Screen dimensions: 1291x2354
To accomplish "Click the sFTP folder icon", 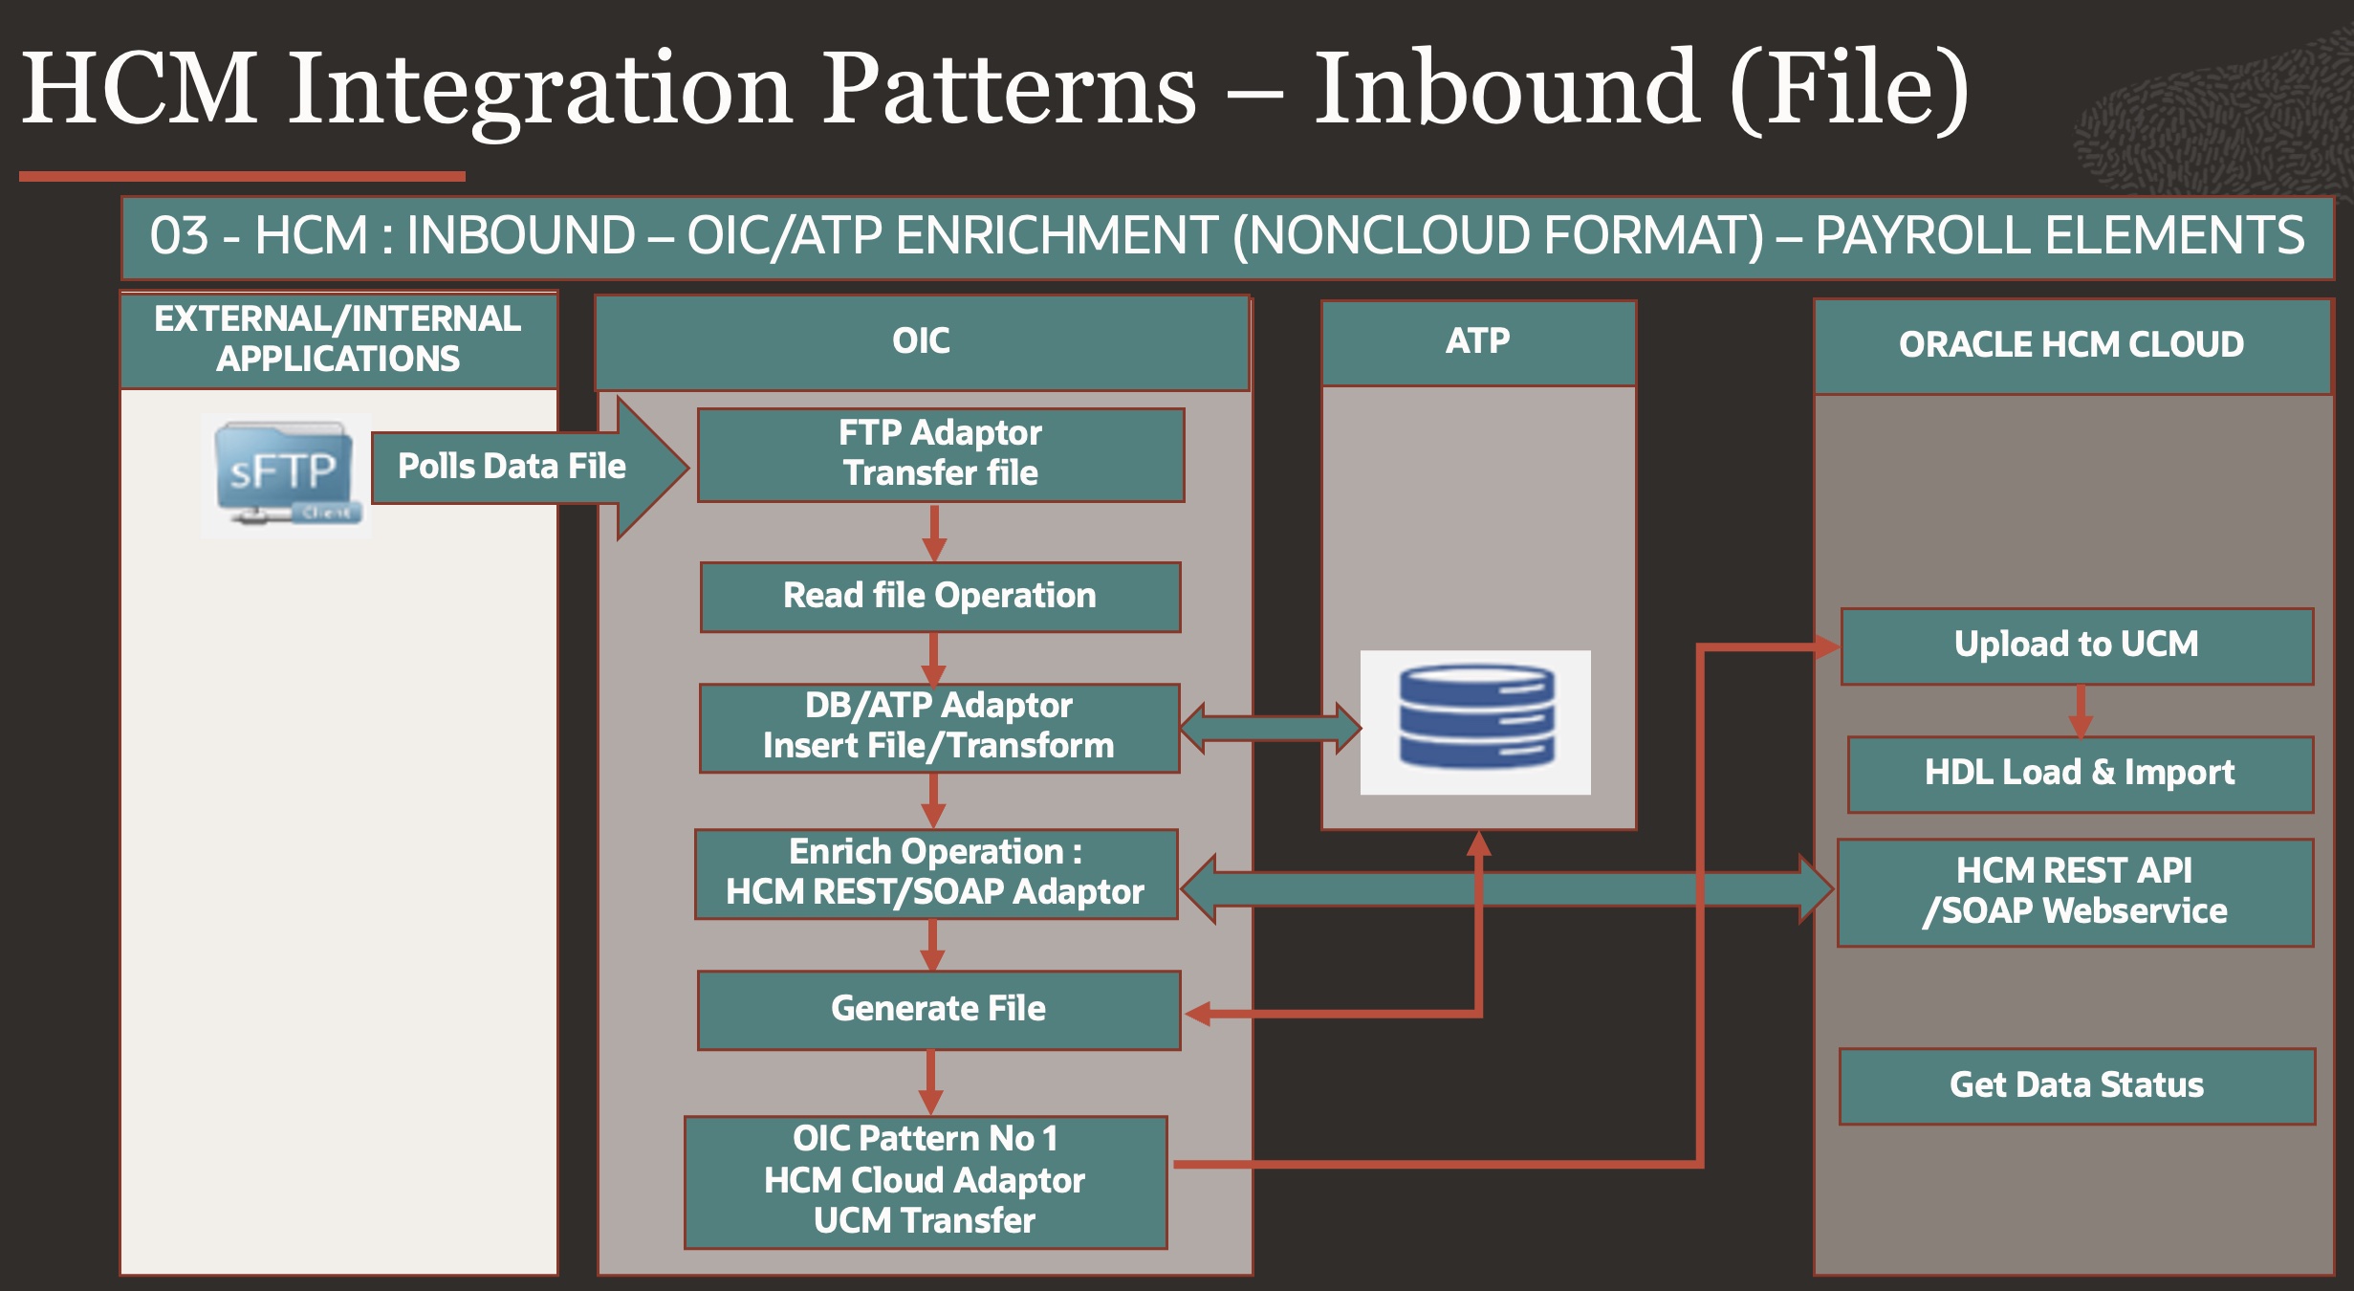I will click(x=285, y=474).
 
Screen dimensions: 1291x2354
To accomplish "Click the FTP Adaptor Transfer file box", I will click(x=941, y=454).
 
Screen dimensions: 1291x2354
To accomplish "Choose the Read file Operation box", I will click(x=940, y=597).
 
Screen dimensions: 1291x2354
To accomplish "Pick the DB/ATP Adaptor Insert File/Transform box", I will click(x=939, y=727).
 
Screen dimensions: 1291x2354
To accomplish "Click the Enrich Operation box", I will click(x=936, y=873).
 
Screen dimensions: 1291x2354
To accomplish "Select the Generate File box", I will click(x=939, y=1010).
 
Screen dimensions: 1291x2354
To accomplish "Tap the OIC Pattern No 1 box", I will click(x=926, y=1181).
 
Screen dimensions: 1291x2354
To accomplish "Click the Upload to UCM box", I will click(x=2076, y=645).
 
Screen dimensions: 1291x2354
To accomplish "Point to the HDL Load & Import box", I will click(x=2080, y=774).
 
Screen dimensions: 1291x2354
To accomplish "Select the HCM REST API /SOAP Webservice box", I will click(x=2075, y=892).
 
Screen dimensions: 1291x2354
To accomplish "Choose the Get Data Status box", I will click(x=2077, y=1085).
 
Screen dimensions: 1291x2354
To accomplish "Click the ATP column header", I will click(x=1478, y=342).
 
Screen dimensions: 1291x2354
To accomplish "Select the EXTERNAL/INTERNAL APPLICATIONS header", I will click(x=338, y=339).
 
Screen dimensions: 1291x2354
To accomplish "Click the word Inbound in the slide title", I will click(x=1506, y=91).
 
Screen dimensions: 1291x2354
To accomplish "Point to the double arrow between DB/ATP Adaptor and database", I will click(x=1270, y=729).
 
